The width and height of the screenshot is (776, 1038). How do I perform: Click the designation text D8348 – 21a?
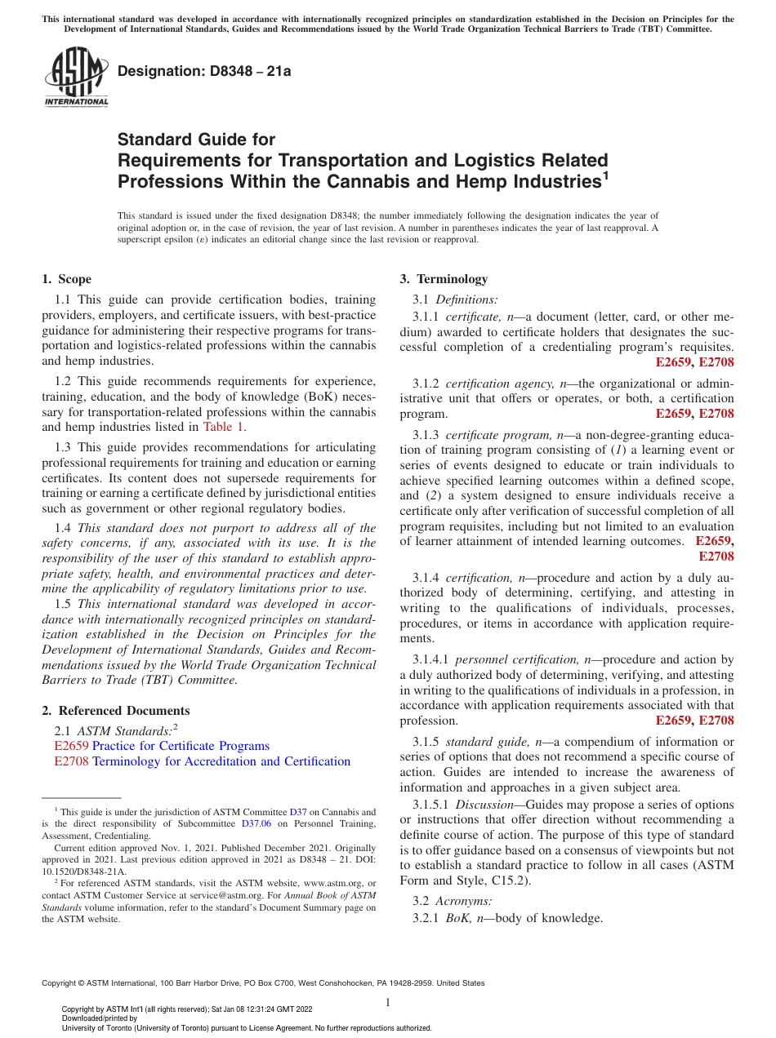point(204,71)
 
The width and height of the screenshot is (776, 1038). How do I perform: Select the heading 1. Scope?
point(66,279)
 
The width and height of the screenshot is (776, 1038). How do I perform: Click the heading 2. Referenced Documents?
point(116,711)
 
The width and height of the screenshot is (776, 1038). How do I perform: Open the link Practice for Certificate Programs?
point(181,746)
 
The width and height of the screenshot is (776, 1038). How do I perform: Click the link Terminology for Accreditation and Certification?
point(221,761)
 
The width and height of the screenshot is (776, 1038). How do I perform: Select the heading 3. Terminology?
point(444,279)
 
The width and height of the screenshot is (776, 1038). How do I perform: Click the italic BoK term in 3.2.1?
point(457,918)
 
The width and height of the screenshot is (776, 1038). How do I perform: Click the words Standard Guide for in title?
point(197,140)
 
